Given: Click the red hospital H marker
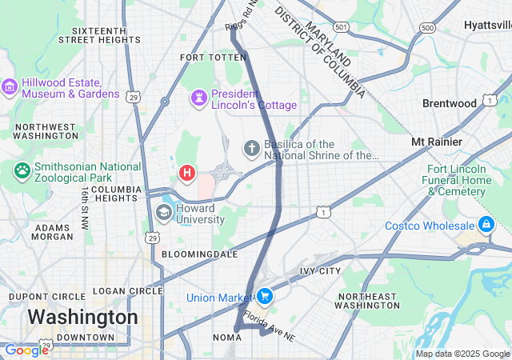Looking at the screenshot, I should (187, 172).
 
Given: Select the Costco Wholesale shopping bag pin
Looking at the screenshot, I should (486, 224).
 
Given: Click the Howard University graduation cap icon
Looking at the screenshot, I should (164, 212).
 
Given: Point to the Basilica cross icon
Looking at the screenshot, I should (251, 148).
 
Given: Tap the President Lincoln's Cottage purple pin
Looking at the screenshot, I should (198, 98).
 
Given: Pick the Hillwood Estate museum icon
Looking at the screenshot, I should (10, 86).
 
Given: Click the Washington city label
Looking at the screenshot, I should (82, 317).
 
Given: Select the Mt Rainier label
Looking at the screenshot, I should (436, 142).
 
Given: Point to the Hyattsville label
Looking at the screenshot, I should (488, 26).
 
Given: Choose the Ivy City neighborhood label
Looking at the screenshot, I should (320, 272).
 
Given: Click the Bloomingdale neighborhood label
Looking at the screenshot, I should (199, 254).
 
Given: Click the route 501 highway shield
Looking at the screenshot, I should (342, 28).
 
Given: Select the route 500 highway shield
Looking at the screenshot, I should (427, 28).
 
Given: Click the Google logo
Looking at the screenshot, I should (26, 350).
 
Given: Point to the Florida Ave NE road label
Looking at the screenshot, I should (269, 326).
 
